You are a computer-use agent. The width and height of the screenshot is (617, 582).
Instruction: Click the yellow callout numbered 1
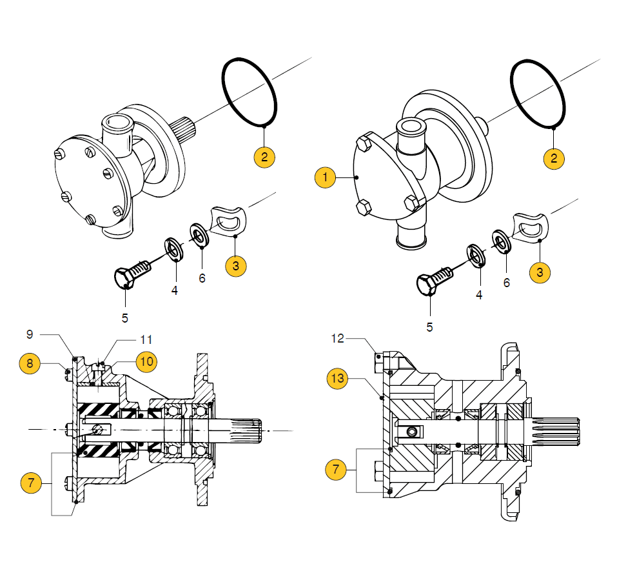(x=326, y=177)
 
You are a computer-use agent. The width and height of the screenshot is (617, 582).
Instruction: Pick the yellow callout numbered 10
(x=147, y=361)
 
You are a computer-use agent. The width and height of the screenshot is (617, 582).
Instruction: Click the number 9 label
(x=29, y=334)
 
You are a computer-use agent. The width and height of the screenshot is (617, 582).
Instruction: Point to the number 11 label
(x=146, y=339)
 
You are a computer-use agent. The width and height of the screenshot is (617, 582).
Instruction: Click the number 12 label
(x=338, y=338)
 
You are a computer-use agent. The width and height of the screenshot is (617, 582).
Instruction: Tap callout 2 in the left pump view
(x=264, y=157)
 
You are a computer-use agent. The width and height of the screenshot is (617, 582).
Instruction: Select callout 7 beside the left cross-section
(x=31, y=481)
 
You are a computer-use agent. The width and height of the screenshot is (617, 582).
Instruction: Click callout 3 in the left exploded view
(x=237, y=266)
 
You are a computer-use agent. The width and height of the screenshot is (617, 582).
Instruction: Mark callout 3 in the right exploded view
(x=540, y=272)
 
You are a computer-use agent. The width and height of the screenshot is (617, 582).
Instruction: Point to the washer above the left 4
(x=173, y=248)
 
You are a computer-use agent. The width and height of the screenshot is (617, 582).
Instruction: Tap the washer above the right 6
(x=501, y=239)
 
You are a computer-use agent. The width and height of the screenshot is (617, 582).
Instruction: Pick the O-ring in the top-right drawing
(x=540, y=93)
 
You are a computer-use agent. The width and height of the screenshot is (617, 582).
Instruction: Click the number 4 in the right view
(x=478, y=295)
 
